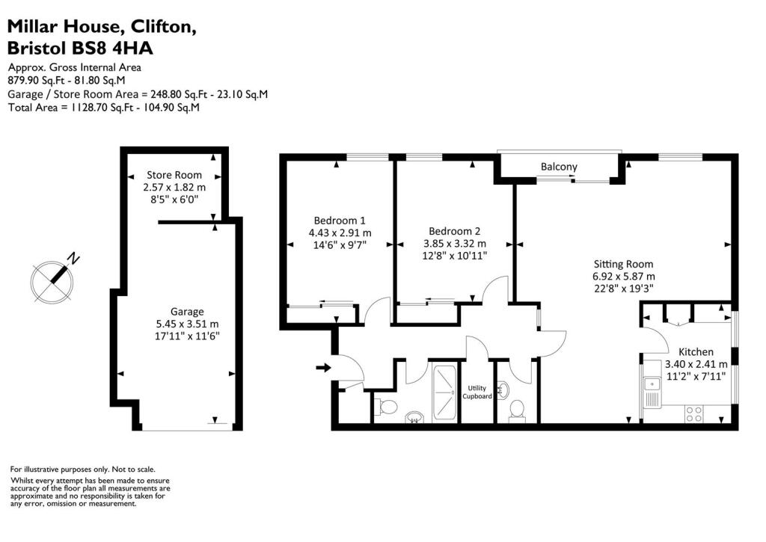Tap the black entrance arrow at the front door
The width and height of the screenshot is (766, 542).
tap(322, 367)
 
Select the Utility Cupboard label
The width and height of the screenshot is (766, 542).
tap(479, 392)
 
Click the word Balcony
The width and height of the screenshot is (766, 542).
tap(560, 166)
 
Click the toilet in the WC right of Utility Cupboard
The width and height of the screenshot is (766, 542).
tap(515, 410)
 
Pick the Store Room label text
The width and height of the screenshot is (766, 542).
tap(174, 175)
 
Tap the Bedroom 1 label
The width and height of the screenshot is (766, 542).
tap(340, 221)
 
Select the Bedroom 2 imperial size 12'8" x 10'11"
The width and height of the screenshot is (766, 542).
tap(455, 255)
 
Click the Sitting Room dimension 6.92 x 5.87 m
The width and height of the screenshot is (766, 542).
tap(623, 276)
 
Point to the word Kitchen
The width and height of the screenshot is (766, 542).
tap(696, 351)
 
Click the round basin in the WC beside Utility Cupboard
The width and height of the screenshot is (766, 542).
tap(503, 389)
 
